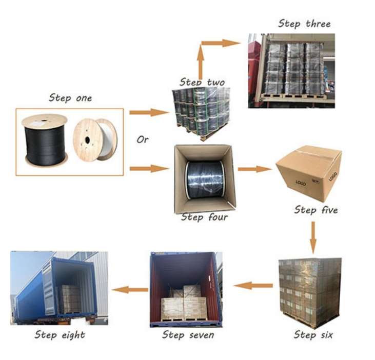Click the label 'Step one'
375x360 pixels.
pos(70,98)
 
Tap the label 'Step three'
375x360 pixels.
pos(304,24)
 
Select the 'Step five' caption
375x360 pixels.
pos(316,210)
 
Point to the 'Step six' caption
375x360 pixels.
pos(313,335)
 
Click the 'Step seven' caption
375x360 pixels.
pos(188,335)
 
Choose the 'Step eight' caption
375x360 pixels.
pos(60,335)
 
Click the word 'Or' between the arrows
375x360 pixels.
pos(143,139)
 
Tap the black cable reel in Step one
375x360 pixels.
pos(45,139)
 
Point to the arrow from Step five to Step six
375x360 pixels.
pos(313,238)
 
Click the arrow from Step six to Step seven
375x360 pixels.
pos(253,285)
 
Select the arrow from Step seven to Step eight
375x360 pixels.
pos(130,290)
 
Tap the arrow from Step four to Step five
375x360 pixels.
pos(254,169)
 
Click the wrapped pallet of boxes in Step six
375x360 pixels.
pos(309,291)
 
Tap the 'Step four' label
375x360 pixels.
pos(205,217)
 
